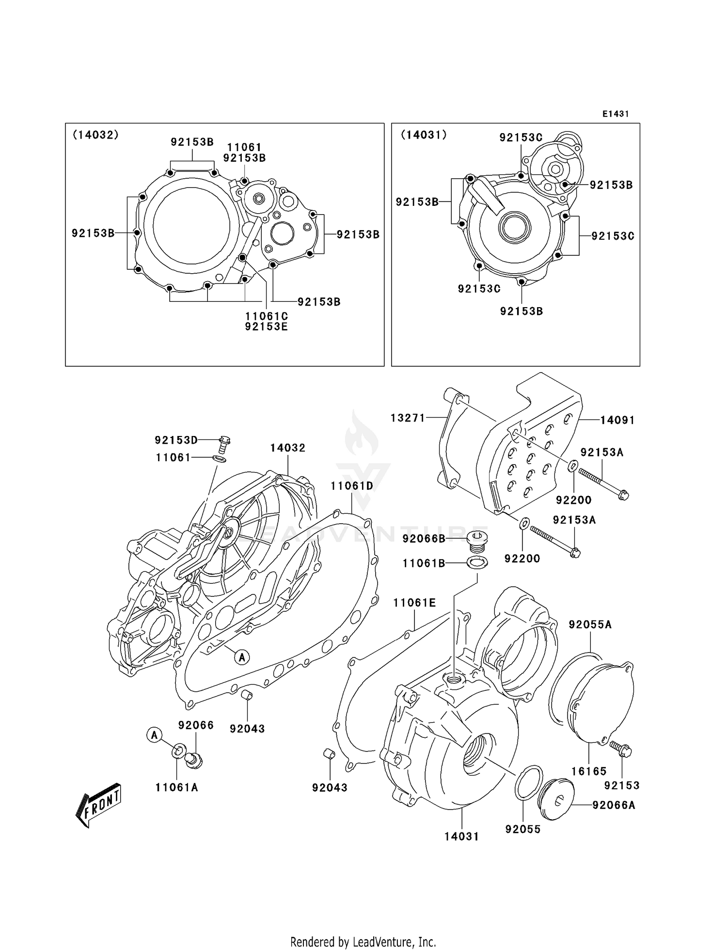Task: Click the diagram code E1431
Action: click(616, 114)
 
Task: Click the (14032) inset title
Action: click(95, 135)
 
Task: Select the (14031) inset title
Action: click(424, 135)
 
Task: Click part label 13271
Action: click(408, 418)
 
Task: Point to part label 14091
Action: click(617, 420)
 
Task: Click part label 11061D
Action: click(352, 485)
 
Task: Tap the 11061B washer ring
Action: click(477, 563)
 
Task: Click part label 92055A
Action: click(590, 624)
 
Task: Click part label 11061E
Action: click(414, 603)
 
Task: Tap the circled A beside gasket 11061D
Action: click(242, 657)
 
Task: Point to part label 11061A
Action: click(177, 787)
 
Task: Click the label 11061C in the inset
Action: click(266, 316)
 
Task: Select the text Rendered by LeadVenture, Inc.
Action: click(363, 941)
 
